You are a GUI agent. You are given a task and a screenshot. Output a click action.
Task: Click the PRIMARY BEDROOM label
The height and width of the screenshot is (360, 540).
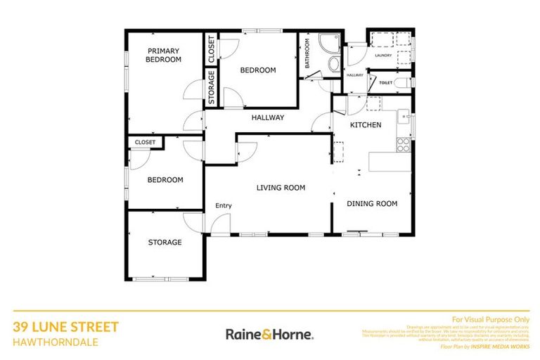point(163,56)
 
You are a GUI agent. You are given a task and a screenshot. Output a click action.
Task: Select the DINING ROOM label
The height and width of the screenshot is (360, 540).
point(372,204)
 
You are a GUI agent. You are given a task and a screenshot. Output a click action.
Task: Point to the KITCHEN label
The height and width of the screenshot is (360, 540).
point(366,125)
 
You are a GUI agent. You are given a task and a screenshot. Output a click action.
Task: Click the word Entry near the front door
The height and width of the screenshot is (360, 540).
point(224,205)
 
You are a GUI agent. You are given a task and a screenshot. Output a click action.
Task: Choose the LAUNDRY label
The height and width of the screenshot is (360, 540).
point(382,56)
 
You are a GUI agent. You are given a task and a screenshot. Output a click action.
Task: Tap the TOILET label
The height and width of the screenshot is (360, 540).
point(385,83)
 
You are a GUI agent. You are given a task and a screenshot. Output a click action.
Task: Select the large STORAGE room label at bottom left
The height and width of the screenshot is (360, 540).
point(165,243)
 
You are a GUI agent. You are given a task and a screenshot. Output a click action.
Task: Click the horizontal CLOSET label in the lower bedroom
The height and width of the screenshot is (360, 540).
point(145,143)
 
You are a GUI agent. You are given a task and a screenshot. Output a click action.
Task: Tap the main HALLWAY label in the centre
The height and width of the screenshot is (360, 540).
point(268,117)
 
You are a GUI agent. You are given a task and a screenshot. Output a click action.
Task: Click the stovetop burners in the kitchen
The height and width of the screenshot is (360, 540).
point(404,146)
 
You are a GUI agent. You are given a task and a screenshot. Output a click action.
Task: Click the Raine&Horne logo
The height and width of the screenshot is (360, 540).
point(269,334)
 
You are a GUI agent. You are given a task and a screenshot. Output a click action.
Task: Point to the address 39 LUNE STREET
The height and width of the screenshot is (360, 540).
point(66,327)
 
